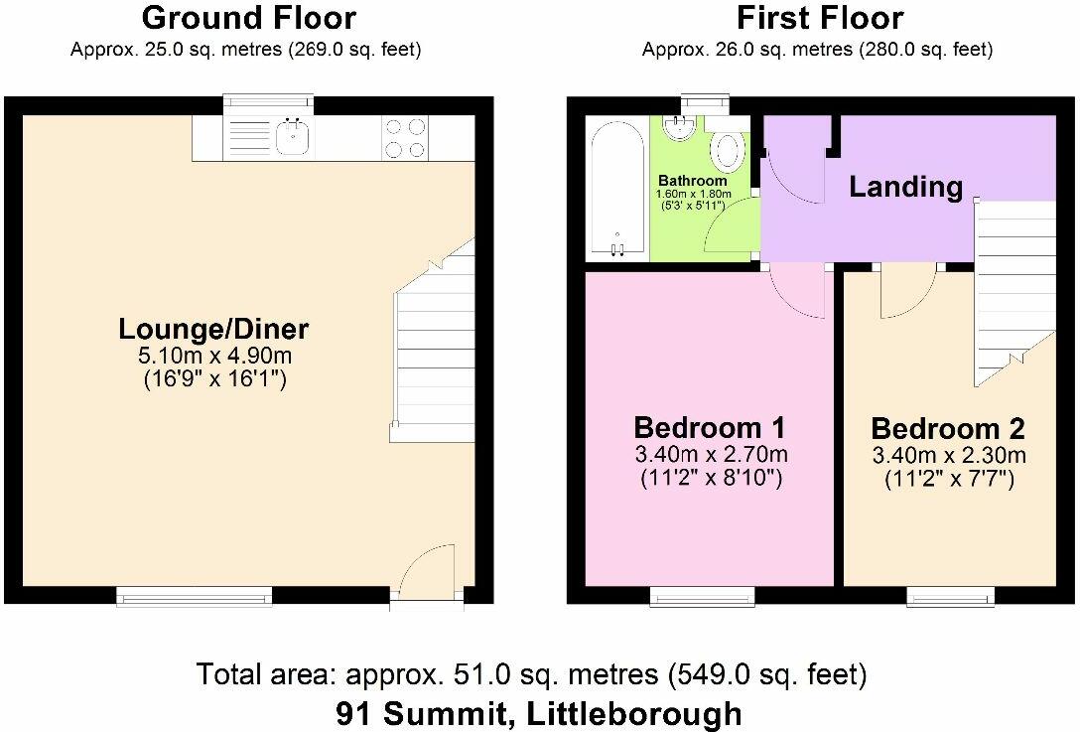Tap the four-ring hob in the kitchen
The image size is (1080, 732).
point(405,138)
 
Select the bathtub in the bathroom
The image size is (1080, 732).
point(617,189)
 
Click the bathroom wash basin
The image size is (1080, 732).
point(680,127)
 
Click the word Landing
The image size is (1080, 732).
point(905,187)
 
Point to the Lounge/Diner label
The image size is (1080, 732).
point(213,329)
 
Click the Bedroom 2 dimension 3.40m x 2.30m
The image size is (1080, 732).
point(949,456)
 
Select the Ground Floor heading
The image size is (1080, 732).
point(248,18)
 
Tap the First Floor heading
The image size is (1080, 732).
point(820,18)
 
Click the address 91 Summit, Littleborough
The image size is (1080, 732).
point(539,713)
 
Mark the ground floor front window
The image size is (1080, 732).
point(195,596)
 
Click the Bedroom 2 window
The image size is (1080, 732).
point(951,596)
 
